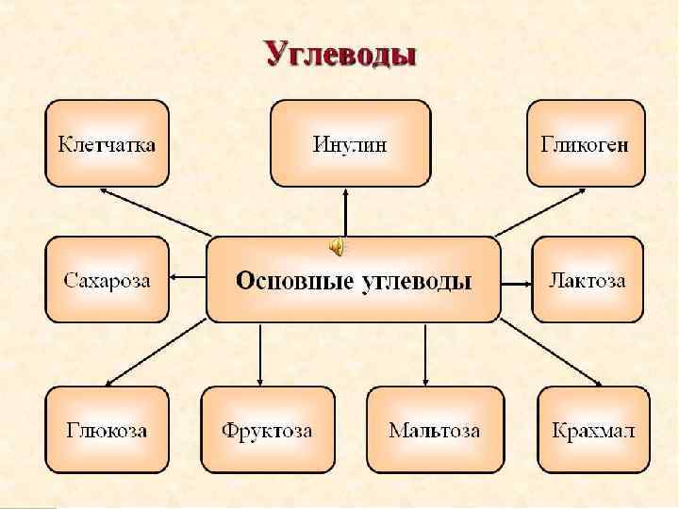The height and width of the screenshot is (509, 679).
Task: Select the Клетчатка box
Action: (107, 144)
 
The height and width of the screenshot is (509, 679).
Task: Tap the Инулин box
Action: (350, 144)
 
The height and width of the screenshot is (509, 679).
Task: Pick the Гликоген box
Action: (585, 144)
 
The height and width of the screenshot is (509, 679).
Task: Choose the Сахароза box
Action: (107, 279)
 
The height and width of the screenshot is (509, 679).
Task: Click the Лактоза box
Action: (588, 280)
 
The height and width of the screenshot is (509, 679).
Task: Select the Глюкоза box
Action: (107, 430)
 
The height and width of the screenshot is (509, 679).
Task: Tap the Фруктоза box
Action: (267, 430)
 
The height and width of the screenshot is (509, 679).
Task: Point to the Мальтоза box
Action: (434, 430)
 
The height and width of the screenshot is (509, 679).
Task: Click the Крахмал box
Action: (593, 430)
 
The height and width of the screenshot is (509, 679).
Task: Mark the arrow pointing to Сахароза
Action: (188, 277)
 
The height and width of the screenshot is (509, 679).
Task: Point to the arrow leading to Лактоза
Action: (516, 280)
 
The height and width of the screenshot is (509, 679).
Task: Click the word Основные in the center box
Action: (293, 280)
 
